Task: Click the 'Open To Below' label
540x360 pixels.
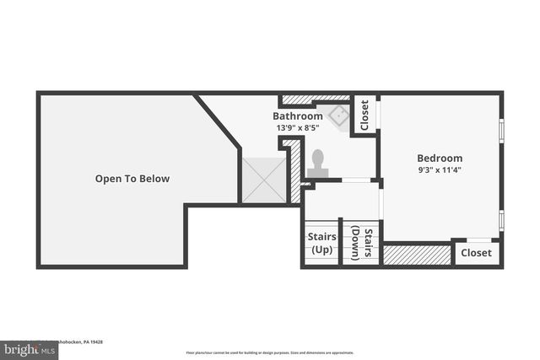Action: tap(132, 179)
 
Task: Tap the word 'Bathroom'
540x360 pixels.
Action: tap(297, 116)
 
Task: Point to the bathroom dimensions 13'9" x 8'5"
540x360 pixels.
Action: tap(298, 127)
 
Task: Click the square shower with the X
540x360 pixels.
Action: tap(263, 180)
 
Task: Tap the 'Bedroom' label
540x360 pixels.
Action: tap(440, 158)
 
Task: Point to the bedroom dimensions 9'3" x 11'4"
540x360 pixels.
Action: tap(440, 169)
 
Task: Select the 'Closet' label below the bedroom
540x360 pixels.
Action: tap(476, 253)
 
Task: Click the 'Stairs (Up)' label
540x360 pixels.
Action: tap(321, 243)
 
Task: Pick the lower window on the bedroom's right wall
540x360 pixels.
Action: tap(502, 220)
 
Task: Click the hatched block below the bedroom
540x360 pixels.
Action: tap(417, 254)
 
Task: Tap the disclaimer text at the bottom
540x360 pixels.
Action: tap(270, 352)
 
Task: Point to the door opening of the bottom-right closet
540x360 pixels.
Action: tap(478, 240)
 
